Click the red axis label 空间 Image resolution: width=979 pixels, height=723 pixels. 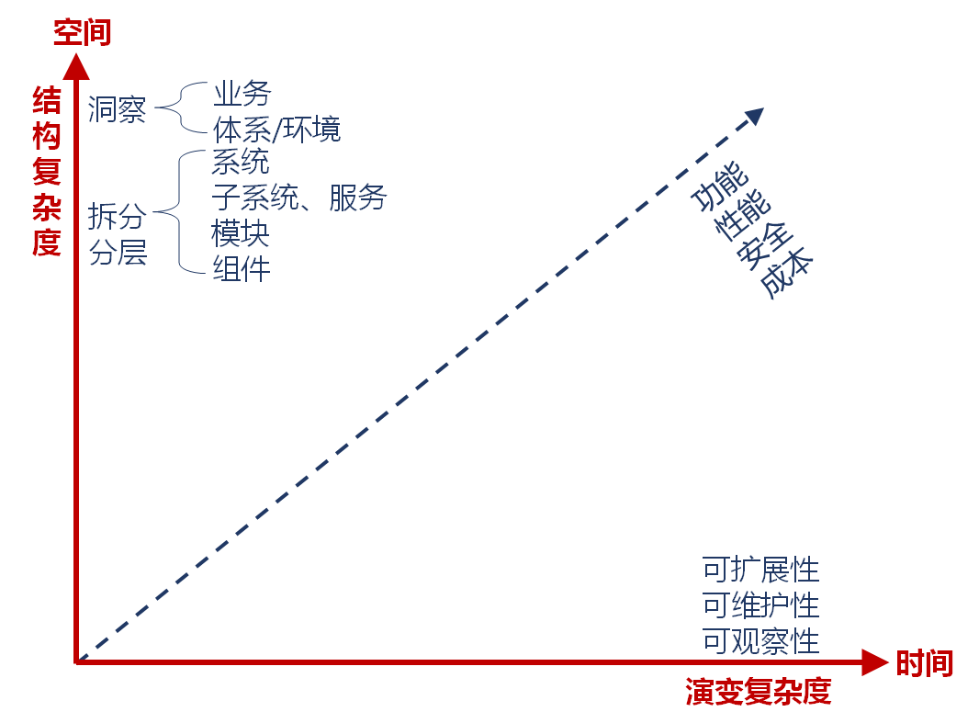point(82,32)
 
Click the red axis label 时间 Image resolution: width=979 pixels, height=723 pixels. point(924,662)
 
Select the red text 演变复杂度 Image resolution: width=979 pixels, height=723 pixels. point(758,691)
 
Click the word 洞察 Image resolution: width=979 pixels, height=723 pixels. point(117,109)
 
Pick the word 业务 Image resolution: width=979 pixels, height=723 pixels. point(242,93)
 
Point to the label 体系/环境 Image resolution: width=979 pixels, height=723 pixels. point(276,129)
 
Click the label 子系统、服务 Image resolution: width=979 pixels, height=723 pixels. point(299,197)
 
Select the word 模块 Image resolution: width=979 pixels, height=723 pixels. point(241,232)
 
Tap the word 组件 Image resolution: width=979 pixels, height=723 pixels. point(242,268)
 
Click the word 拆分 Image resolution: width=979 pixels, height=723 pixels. point(117,216)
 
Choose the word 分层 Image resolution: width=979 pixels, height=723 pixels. point(118,252)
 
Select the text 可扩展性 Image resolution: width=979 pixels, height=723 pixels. point(760,570)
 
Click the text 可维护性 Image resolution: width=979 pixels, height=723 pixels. point(760,605)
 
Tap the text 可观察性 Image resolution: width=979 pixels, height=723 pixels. point(760,641)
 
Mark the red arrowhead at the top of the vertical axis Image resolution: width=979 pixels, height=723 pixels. point(76,66)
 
